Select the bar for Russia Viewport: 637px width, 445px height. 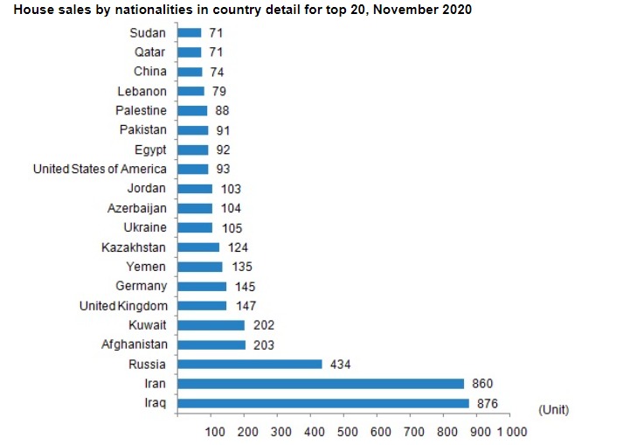pyautogui.click(x=250, y=364)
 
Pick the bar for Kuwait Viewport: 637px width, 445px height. pyautogui.click(x=211, y=325)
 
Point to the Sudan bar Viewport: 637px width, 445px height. pyautogui.click(x=190, y=32)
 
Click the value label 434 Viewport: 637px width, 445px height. pyautogui.click(x=339, y=364)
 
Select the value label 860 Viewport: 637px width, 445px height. pyautogui.click(x=482, y=384)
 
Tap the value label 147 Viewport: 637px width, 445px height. pyautogui.click(x=246, y=306)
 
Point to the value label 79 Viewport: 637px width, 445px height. pyautogui.click(x=218, y=91)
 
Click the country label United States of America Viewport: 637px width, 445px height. pyautogui.click(x=99, y=169)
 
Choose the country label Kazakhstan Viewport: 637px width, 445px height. pyautogui.click(x=133, y=247)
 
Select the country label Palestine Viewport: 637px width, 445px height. pyautogui.click(x=141, y=110)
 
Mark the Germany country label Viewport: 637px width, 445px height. pyautogui.click(x=141, y=286)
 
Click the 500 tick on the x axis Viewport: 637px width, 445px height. pyautogui.click(x=347, y=432)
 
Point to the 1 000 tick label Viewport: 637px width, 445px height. pyautogui.click(x=512, y=432)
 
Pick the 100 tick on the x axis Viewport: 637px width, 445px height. pyautogui.click(x=215, y=432)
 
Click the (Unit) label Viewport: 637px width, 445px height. pyautogui.click(x=554, y=408)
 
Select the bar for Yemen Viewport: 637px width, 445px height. pyautogui.click(x=200, y=267)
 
